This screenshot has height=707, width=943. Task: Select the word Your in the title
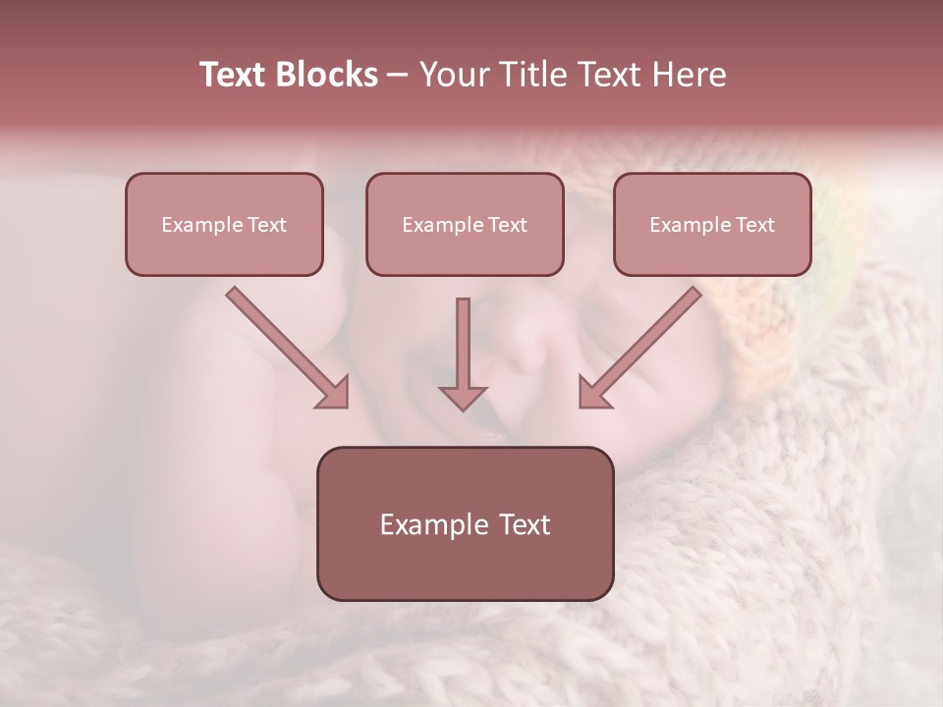(x=454, y=75)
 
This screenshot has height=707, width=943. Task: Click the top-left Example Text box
(x=224, y=224)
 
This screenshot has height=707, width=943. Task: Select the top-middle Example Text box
(x=465, y=224)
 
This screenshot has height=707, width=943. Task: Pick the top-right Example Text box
(x=712, y=224)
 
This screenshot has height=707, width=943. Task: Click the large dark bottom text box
(x=465, y=523)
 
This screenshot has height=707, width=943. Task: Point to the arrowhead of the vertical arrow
(x=463, y=397)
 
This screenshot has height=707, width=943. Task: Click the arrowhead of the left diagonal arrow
(x=334, y=393)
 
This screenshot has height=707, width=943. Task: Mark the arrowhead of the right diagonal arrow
(x=592, y=393)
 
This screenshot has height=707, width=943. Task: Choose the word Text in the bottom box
(x=525, y=524)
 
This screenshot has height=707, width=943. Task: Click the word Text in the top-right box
(x=754, y=225)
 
